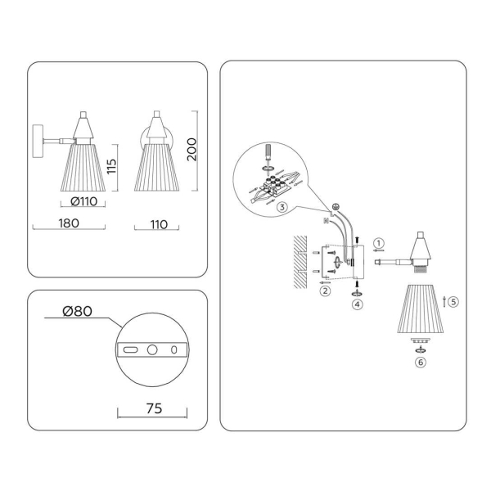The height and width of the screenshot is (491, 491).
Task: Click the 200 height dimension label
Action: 191,150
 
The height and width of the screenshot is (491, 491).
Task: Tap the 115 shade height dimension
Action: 112,166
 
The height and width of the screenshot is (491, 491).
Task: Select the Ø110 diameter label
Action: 84,201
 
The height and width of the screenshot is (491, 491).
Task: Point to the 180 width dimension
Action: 69,223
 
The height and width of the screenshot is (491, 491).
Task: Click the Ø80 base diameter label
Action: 78,311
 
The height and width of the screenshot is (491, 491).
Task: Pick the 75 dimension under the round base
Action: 155,408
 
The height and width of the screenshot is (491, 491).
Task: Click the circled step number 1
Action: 379,243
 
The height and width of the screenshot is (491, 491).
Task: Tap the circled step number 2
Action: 325,291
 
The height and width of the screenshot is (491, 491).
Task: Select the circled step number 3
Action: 282,207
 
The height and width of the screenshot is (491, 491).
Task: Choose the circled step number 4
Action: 358,304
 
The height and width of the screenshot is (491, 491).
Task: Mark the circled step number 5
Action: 453,301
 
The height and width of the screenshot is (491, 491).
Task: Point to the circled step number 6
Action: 421,363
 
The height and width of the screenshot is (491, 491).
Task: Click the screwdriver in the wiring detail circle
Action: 268,156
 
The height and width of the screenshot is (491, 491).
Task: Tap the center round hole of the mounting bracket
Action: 152,349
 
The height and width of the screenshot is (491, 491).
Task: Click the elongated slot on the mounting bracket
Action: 131,349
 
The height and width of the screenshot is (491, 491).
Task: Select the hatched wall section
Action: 300,262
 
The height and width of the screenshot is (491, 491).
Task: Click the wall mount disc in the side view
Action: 38,142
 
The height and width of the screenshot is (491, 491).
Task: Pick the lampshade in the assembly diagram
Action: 421,309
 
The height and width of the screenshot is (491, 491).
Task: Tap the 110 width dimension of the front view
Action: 159,224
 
